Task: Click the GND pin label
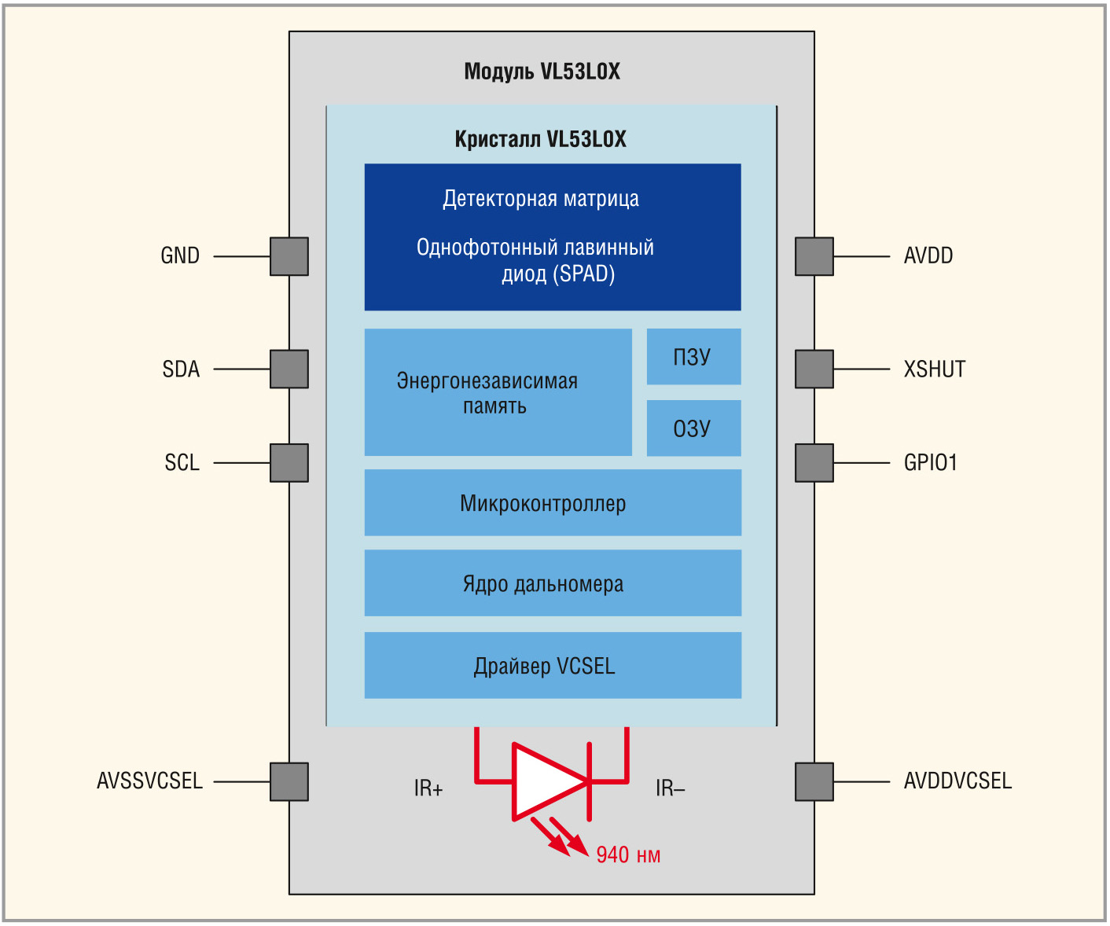point(180,256)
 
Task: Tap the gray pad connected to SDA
point(289,369)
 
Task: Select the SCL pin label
point(182,463)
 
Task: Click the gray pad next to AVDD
point(814,256)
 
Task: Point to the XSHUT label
point(934,369)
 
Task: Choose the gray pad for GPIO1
point(814,463)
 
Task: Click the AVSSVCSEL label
point(149,781)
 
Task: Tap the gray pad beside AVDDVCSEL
point(814,781)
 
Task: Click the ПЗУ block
point(693,357)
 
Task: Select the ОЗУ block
point(693,428)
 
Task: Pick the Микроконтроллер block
point(553,503)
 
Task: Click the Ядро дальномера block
point(553,583)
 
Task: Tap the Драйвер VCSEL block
point(553,666)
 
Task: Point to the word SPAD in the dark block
point(585,274)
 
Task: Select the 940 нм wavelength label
point(628,855)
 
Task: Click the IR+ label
point(428,788)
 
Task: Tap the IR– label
point(670,788)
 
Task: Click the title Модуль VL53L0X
point(542,72)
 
